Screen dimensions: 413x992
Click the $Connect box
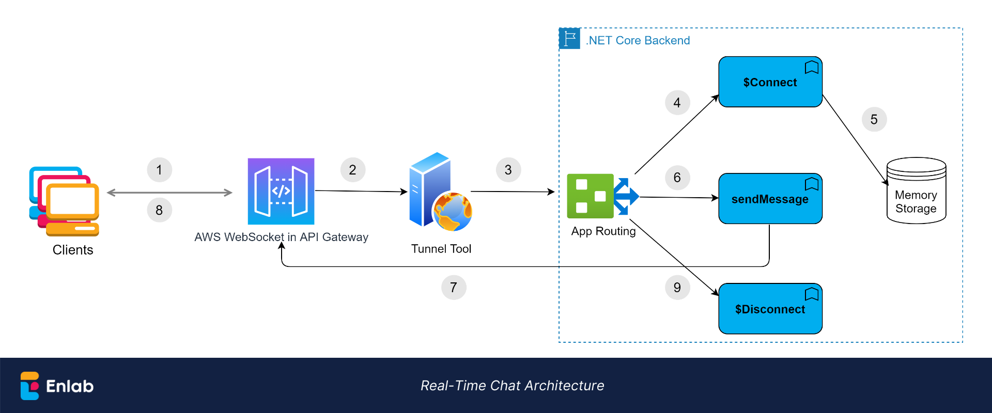click(x=770, y=82)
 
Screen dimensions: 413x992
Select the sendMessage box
click(x=770, y=199)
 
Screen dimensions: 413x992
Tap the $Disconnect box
click(x=770, y=309)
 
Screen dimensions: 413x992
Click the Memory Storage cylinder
click(x=916, y=191)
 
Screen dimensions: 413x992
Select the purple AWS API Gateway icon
click(x=281, y=192)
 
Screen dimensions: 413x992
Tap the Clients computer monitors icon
click(x=65, y=201)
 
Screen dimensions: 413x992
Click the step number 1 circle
click(x=159, y=170)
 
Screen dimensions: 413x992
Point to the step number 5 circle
click(x=874, y=119)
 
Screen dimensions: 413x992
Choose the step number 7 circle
click(x=454, y=287)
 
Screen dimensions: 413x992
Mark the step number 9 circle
click(x=677, y=287)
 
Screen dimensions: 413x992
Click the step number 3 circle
click(x=508, y=170)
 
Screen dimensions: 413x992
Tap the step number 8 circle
click(x=159, y=210)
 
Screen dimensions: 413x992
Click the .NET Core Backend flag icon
click(x=570, y=39)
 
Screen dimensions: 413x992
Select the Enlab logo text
click(x=70, y=386)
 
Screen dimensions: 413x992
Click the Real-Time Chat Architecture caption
click(x=512, y=386)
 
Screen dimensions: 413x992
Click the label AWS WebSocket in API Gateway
click(x=281, y=237)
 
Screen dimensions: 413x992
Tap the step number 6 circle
click(x=677, y=178)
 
